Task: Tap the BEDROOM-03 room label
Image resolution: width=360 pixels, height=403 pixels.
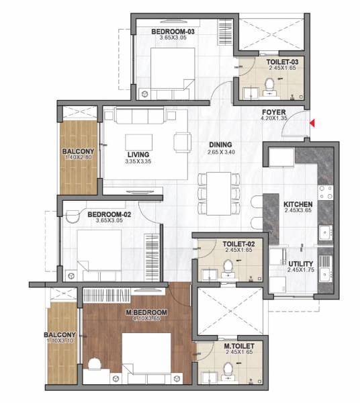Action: coord(172,31)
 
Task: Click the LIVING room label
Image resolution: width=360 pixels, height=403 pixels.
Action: coord(138,154)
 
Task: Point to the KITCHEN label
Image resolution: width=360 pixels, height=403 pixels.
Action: coord(297,204)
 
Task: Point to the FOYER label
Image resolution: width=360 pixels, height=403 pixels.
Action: coord(273,112)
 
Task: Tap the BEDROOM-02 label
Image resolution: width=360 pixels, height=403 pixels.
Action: coord(109,215)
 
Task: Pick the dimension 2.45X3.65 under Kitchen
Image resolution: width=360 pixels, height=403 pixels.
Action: coord(297,212)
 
